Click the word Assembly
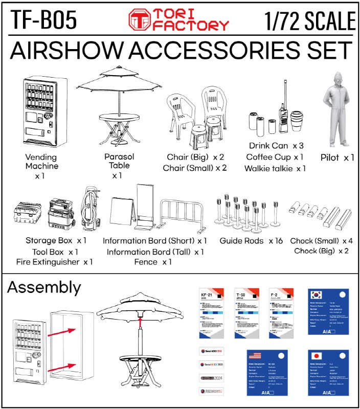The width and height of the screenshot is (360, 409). (44, 287)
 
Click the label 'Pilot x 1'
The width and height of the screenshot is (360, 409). (337, 157)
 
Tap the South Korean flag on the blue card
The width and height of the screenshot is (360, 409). (317, 295)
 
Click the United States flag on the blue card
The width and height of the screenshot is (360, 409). (254, 356)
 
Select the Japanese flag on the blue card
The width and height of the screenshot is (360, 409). (317, 356)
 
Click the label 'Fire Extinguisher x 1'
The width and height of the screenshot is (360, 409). (54, 262)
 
